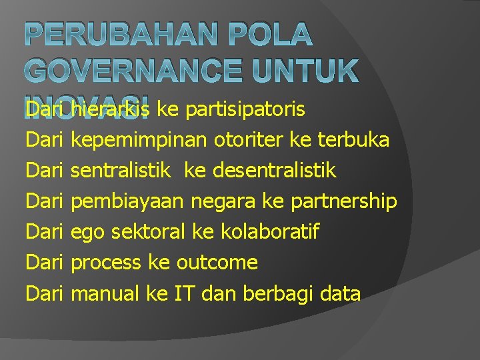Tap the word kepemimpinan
coord(140,140)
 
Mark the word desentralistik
coord(275,171)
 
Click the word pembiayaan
coord(128,201)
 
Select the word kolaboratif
coord(265,232)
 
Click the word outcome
coord(217,263)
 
